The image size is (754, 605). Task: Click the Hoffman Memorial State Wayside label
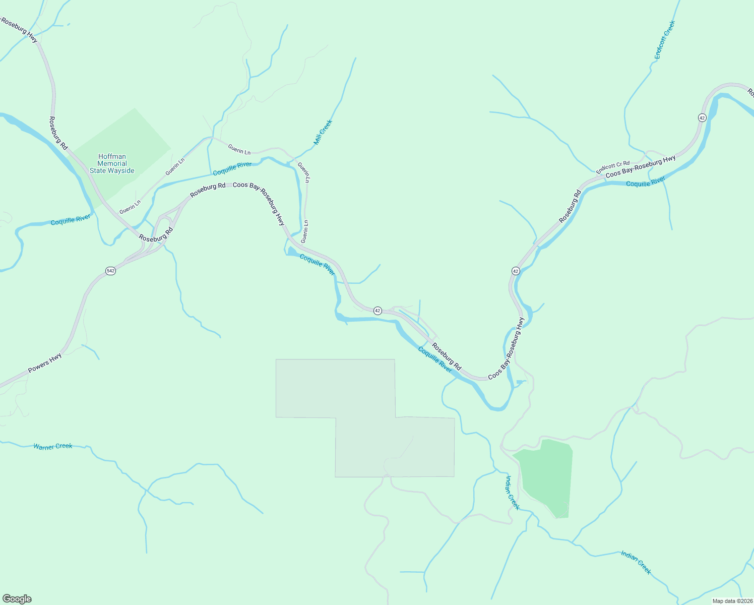tap(112, 163)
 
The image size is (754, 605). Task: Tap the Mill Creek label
tap(323, 132)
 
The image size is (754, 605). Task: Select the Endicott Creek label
tap(664, 40)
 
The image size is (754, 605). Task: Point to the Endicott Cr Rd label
tap(613, 167)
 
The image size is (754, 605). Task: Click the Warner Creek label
tap(53, 446)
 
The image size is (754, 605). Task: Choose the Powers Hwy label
tap(45, 363)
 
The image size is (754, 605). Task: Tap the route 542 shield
tap(111, 271)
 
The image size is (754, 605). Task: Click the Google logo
tap(17, 599)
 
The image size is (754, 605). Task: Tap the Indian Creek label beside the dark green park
tap(512, 493)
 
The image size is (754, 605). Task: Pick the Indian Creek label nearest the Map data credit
tap(636, 562)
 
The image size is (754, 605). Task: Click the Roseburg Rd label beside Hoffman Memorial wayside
tap(58, 133)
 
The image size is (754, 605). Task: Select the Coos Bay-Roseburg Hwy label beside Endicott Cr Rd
tap(641, 167)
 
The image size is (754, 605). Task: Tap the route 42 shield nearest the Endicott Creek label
tap(702, 117)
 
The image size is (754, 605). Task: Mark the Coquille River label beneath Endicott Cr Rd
tap(646, 181)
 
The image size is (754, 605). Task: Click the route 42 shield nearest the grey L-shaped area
tap(378, 311)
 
